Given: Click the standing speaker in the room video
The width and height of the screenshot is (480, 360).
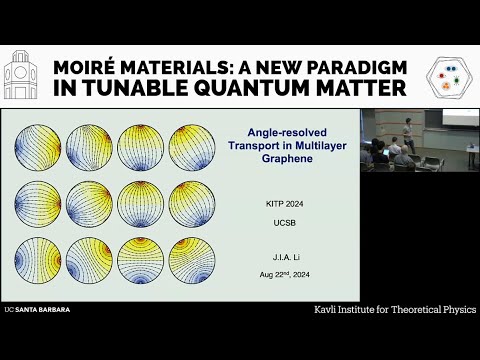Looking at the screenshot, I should [408, 133].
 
